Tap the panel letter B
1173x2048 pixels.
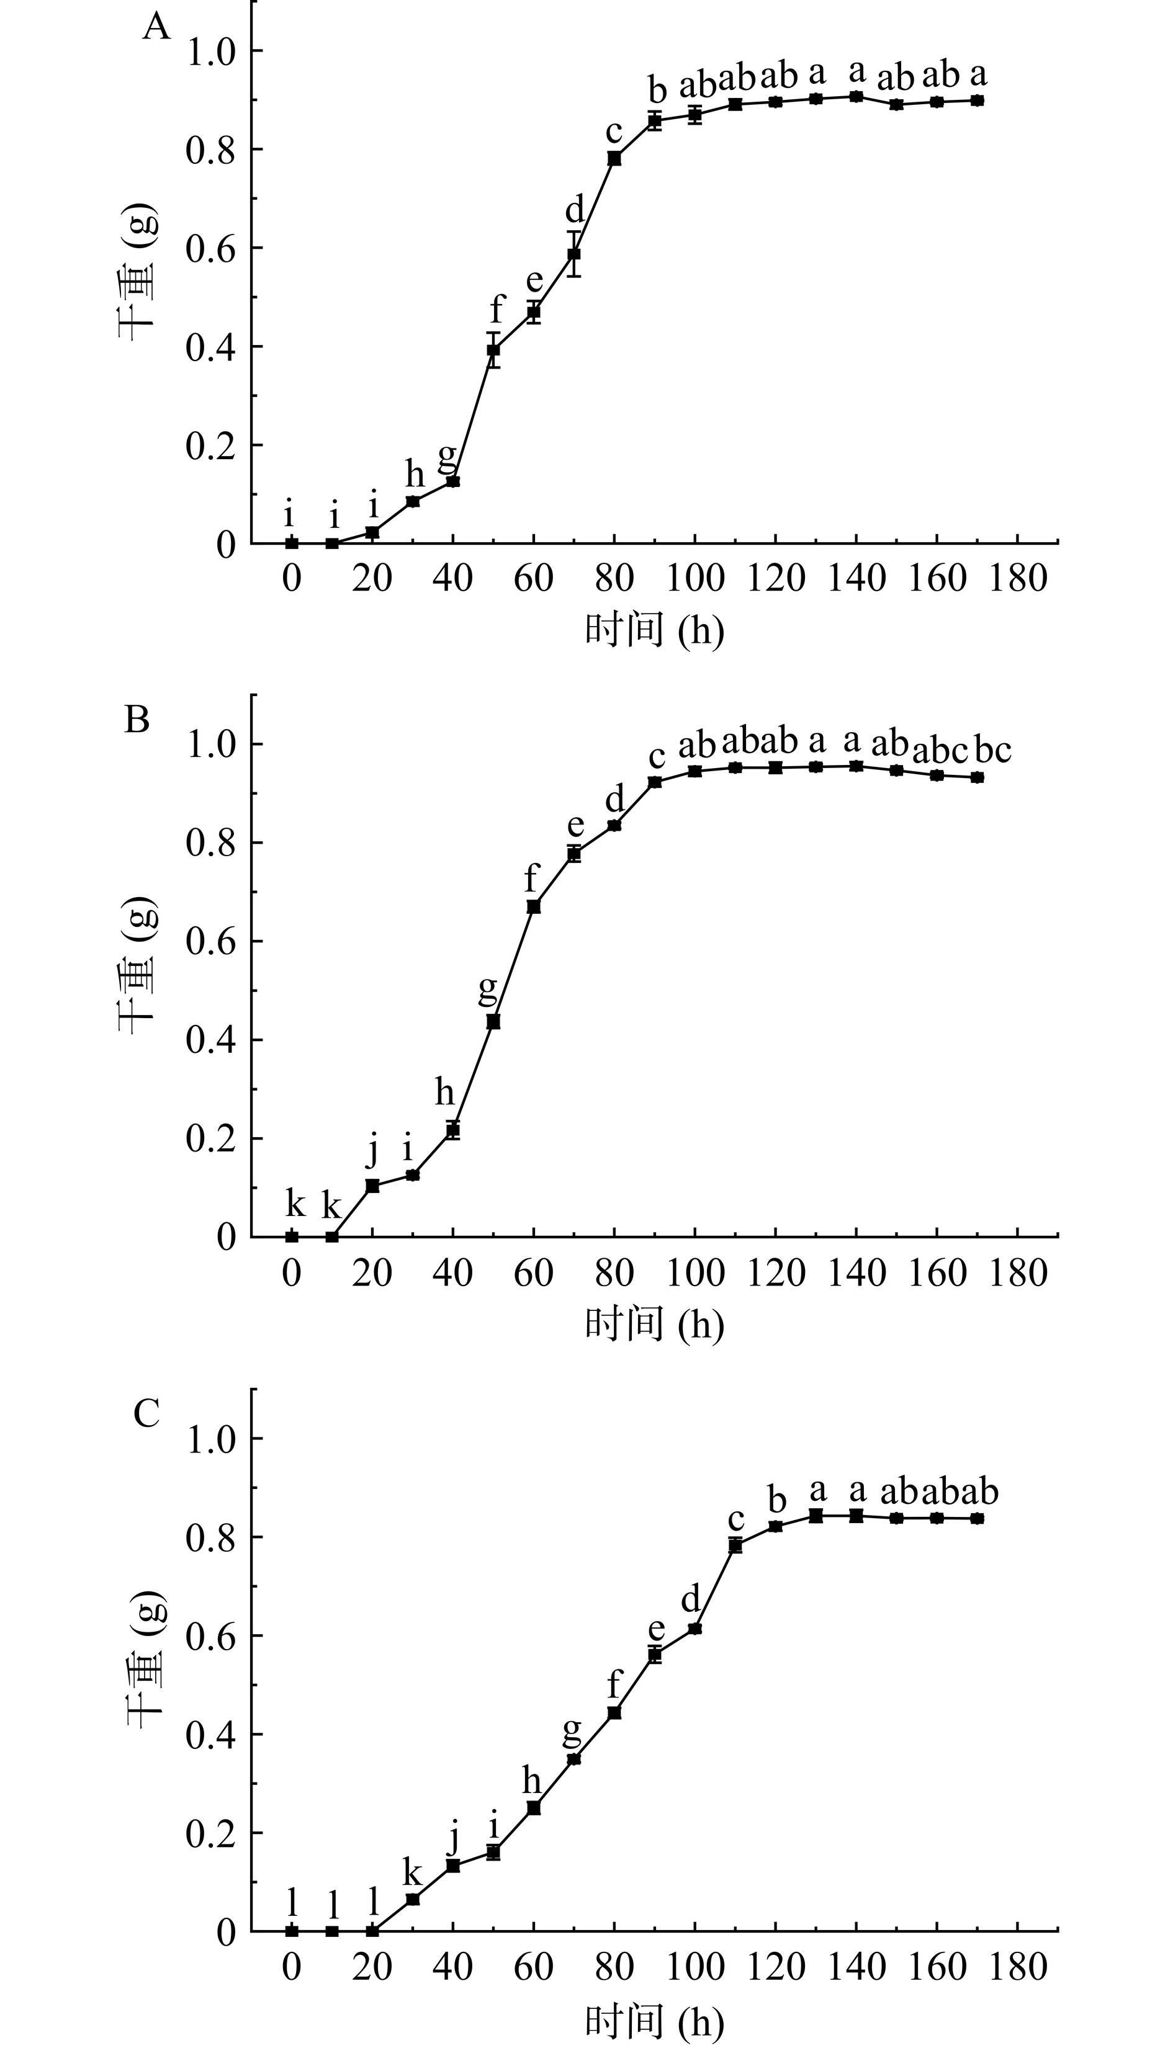[x=137, y=719]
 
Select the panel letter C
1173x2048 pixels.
[x=146, y=1413]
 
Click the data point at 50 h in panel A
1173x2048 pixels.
[x=493, y=351]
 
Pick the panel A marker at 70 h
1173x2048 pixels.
[x=573, y=254]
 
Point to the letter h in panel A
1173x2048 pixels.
[x=414, y=476]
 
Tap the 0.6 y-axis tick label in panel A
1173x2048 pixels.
[x=210, y=248]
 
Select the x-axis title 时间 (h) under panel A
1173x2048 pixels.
[x=654, y=630]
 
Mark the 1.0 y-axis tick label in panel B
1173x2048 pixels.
[x=210, y=744]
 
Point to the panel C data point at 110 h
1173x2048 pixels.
[x=735, y=1545]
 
